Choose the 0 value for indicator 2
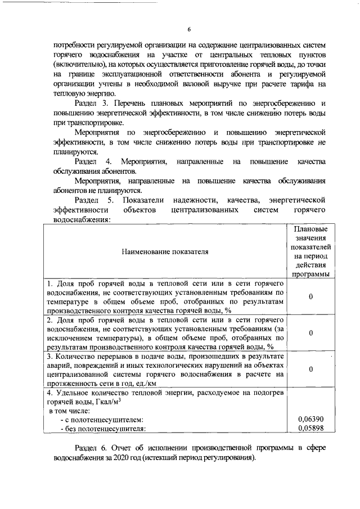pos(310,333)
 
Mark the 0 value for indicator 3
pos(310,369)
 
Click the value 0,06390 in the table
pos(310,420)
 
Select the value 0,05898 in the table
pos(310,429)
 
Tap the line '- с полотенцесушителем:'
pos(102,420)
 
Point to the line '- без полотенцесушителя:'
pos(103,429)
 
